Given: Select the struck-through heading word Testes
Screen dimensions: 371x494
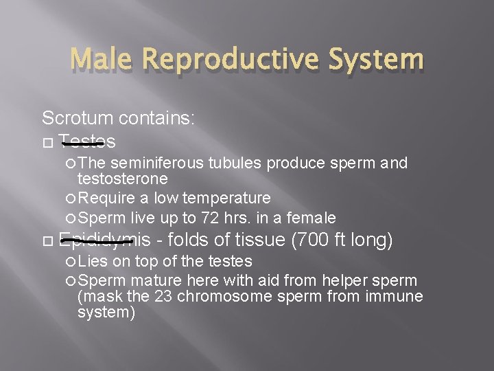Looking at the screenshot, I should click(x=87, y=142).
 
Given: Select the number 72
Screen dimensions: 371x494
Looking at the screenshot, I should click(x=209, y=218).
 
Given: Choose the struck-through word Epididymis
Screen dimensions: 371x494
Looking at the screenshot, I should click(x=104, y=240).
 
